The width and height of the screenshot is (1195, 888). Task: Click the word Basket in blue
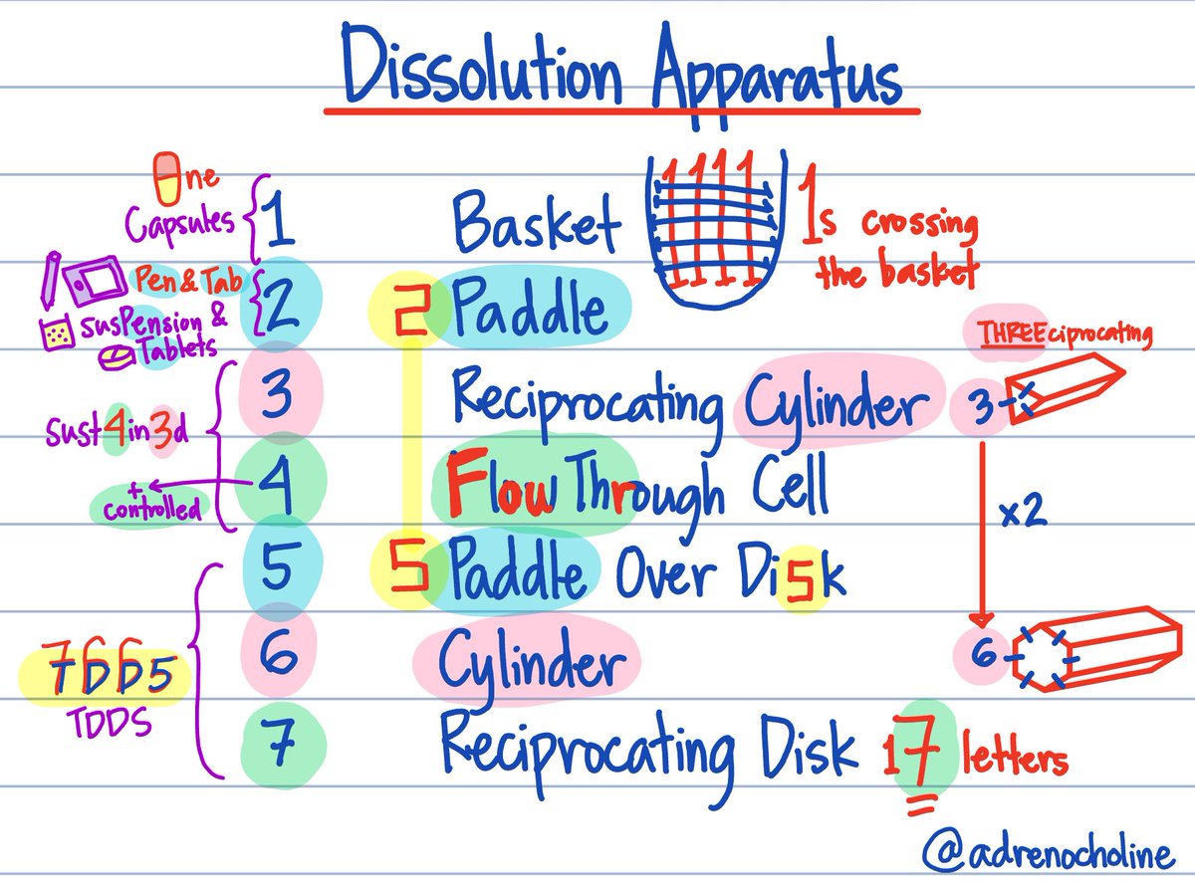536,221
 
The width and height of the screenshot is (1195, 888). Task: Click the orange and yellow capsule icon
166,174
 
